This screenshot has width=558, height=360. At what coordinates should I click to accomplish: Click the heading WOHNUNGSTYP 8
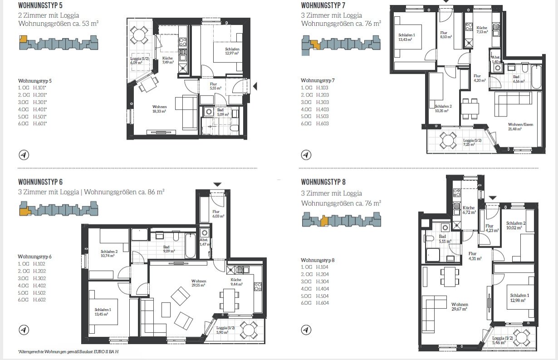(323, 182)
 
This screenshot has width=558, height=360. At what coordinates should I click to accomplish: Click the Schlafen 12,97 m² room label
(232, 52)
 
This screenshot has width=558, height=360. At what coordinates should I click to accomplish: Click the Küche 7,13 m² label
(482, 29)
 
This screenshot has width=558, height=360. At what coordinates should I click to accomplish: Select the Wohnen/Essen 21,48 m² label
(514, 126)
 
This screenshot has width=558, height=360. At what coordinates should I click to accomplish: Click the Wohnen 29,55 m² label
(199, 283)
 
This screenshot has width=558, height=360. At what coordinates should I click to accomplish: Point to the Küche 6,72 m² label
(469, 209)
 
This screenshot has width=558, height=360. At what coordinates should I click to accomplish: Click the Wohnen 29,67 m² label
(459, 306)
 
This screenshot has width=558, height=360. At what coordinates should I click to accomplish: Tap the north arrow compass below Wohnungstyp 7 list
(306, 155)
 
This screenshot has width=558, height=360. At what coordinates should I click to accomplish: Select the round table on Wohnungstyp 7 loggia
(449, 140)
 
